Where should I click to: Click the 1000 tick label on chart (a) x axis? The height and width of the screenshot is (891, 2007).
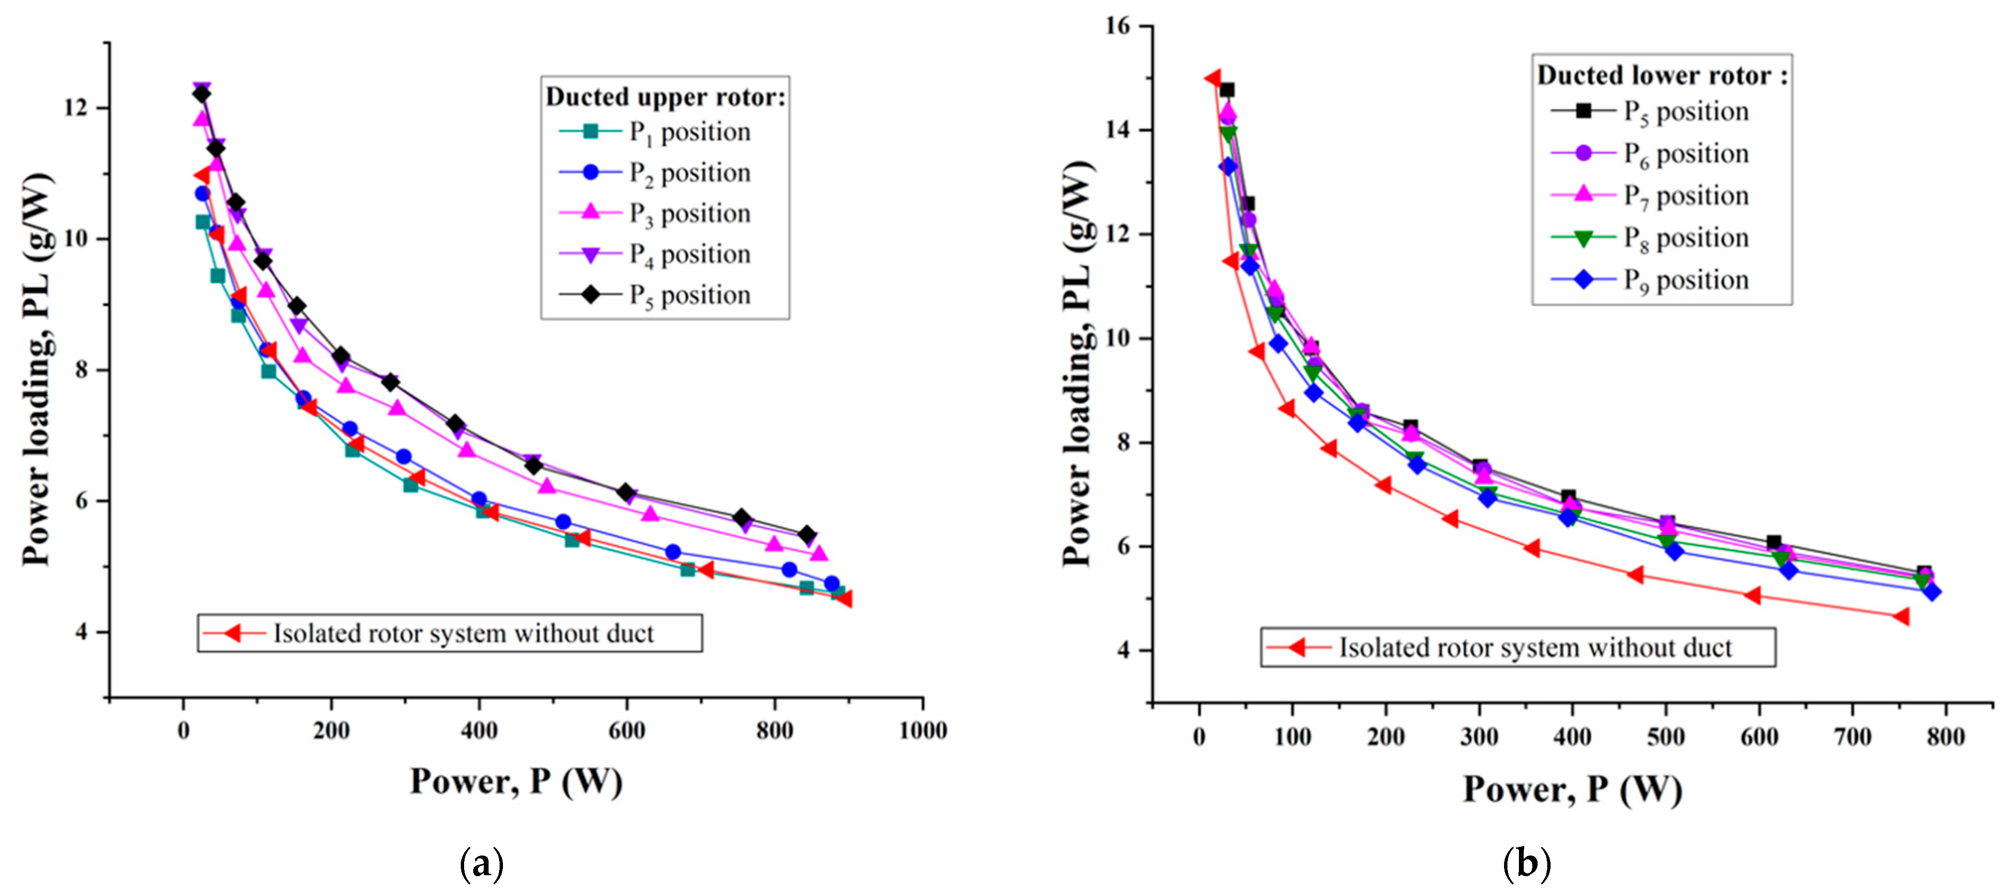(x=922, y=730)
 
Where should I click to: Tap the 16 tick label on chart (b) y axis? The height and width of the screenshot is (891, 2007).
(x=1117, y=26)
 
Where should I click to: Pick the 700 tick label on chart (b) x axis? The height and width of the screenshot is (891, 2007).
(x=1852, y=737)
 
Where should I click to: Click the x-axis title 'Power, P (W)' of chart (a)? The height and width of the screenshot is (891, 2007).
(x=516, y=781)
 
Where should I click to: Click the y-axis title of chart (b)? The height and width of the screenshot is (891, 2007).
(x=1078, y=364)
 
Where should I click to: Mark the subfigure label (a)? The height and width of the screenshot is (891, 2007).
(x=481, y=864)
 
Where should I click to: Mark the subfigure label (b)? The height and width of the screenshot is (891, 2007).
(x=1526, y=864)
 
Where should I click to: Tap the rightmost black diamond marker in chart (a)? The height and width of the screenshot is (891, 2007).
(x=807, y=534)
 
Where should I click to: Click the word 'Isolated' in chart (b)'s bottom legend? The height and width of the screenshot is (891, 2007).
(x=1375, y=648)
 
